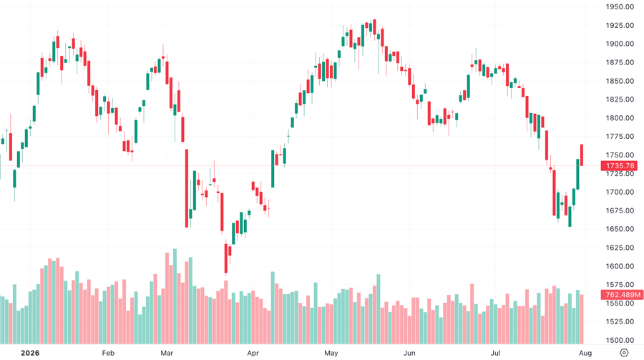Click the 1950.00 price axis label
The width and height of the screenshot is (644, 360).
coord(620,6)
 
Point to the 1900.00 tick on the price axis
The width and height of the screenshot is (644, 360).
coord(620,44)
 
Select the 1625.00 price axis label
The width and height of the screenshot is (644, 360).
coord(620,248)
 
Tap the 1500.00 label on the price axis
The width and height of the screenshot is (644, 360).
coord(620,340)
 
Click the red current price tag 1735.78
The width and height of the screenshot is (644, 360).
coord(619,165)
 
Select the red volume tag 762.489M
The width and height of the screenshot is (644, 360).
coord(621,295)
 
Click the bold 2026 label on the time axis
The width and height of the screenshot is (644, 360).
coord(30,353)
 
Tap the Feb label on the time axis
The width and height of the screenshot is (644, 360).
coord(108,353)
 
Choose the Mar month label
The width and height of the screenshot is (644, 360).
coord(167,353)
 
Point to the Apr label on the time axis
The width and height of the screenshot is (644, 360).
coord(253,353)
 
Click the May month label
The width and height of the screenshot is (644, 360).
coord(331,353)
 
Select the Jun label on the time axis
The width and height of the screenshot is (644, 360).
coord(409,353)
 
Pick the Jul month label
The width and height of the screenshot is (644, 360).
coord(496,353)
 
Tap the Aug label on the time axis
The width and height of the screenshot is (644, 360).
coord(585,353)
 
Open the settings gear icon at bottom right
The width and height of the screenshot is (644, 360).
coord(624,353)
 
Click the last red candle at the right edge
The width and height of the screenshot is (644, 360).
coord(582,155)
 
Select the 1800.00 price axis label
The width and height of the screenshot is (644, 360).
coord(620,118)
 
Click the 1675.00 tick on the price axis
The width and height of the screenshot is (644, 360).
coord(620,210)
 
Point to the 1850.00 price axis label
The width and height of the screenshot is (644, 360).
coord(620,81)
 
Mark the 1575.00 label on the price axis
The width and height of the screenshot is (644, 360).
coord(620,284)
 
